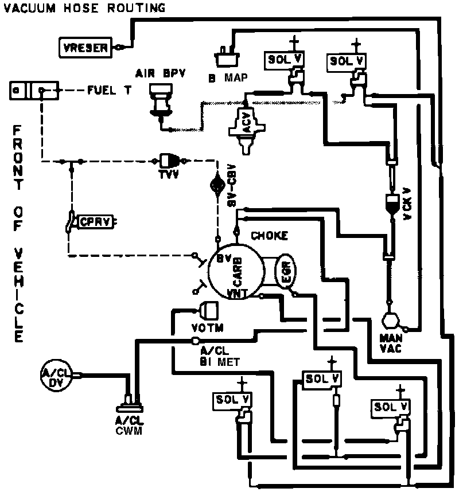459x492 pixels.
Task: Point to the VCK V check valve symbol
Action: click(392, 204)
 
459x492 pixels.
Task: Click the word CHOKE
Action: click(269, 236)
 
